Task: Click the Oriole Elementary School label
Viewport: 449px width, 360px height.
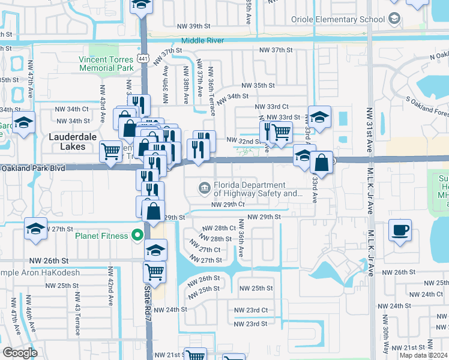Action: point(338,20)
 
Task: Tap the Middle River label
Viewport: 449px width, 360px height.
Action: point(203,40)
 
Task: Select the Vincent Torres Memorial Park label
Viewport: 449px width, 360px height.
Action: point(106,64)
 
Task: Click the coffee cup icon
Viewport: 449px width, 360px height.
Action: point(400,230)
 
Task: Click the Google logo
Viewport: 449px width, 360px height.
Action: point(20,352)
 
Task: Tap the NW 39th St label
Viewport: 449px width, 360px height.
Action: point(194,26)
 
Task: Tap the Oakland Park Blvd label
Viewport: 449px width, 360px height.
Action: point(34,168)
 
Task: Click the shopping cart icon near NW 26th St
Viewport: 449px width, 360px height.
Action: point(154,271)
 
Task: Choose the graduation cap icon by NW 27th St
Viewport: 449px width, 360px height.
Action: point(35,229)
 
